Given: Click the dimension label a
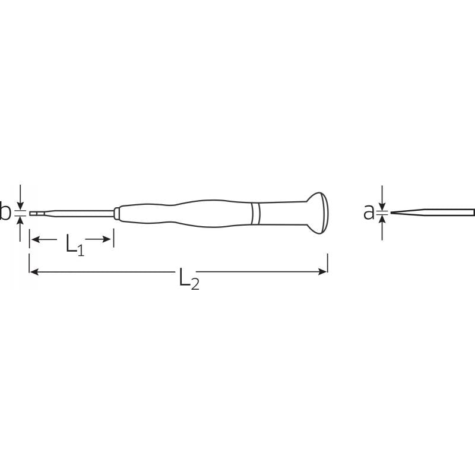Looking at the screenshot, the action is [369, 212].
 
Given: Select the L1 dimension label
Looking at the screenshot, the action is [75, 245].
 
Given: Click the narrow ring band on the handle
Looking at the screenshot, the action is [256, 213].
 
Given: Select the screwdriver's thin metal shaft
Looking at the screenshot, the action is [72, 214].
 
